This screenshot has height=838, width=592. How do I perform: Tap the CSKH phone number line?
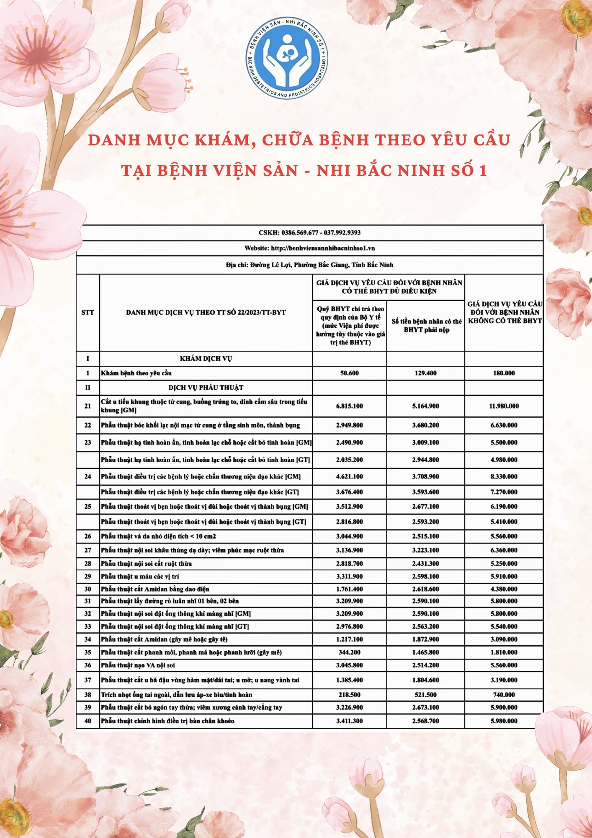coord(309,233)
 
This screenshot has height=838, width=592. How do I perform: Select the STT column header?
coord(88,313)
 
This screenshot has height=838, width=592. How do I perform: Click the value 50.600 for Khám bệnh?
coord(349,373)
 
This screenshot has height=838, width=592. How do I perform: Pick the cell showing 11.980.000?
coord(504,406)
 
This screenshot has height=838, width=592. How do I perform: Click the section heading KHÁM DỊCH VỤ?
coord(206,359)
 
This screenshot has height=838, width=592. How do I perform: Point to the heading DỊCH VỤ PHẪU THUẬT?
coord(206,388)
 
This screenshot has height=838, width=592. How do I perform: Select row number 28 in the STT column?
coord(88,564)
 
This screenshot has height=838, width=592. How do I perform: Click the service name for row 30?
coord(155,589)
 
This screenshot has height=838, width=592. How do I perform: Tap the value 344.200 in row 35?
coord(349,652)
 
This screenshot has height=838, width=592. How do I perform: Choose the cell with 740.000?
coord(504,695)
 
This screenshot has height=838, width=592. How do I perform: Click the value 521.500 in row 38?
coord(425,695)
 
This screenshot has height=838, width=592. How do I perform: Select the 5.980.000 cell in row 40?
coord(504,721)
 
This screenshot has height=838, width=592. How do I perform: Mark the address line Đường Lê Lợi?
coord(309,265)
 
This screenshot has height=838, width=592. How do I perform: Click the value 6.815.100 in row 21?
coord(349,406)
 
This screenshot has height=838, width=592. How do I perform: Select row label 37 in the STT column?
coord(88,680)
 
